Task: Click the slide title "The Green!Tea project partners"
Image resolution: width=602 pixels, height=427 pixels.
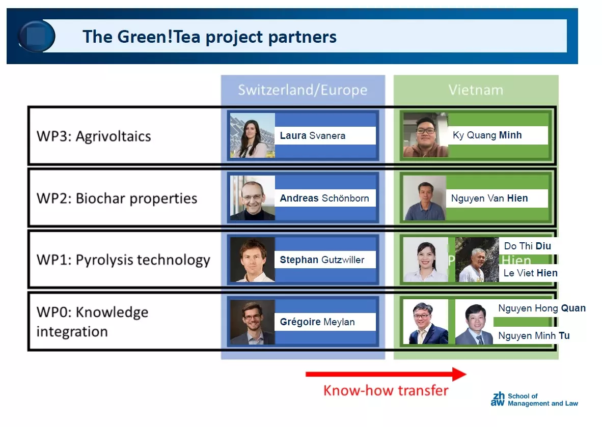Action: click(x=209, y=37)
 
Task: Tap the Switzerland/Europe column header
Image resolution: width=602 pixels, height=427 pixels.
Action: click(x=303, y=90)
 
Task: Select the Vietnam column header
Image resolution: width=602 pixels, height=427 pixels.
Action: click(x=476, y=90)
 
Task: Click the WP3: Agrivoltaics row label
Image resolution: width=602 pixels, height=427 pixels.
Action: click(x=94, y=136)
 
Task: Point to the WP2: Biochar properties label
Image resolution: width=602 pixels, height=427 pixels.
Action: click(x=117, y=198)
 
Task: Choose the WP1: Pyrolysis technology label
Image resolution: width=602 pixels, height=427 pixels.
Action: click(x=123, y=260)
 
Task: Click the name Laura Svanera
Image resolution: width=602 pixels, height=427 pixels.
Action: click(x=313, y=135)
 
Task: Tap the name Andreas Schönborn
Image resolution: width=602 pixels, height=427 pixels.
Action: click(x=324, y=198)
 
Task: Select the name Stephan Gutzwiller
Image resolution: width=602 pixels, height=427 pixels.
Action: click(x=322, y=260)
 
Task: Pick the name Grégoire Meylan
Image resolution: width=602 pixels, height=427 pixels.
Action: click(x=317, y=322)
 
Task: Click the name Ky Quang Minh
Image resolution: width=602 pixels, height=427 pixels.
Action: click(x=487, y=135)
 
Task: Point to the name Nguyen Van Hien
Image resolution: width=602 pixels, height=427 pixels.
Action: click(x=489, y=198)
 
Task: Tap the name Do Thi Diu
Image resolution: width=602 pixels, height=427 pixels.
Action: click(x=528, y=246)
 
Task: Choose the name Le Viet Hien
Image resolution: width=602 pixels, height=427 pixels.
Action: click(x=531, y=273)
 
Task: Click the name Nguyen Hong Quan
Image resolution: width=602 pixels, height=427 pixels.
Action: click(x=542, y=308)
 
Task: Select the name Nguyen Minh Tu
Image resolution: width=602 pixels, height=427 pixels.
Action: click(x=534, y=336)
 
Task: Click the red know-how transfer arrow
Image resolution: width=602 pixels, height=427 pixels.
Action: click(x=386, y=374)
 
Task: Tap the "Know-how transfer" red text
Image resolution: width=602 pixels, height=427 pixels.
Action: click(x=386, y=390)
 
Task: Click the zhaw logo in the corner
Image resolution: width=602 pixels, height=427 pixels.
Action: click(x=498, y=399)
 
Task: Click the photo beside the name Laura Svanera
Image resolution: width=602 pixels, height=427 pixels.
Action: click(x=252, y=135)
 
